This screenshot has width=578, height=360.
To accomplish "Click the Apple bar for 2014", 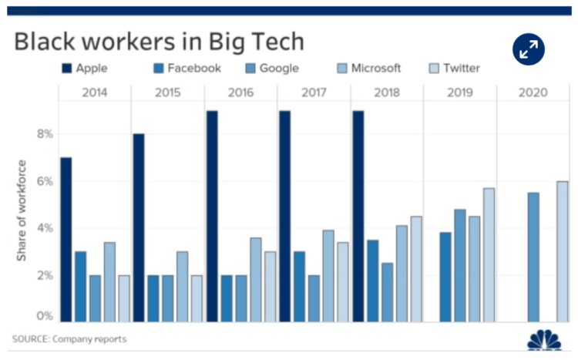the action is point(66,240).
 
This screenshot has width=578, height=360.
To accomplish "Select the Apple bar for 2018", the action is point(358,216).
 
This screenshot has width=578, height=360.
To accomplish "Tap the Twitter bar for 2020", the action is point(563,251).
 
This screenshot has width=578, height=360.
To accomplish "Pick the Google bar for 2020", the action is point(533,257).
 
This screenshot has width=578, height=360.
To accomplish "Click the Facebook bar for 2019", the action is point(445,278).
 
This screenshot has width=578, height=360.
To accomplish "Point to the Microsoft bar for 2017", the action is point(328,276).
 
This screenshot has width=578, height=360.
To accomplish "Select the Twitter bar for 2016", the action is point(271,287).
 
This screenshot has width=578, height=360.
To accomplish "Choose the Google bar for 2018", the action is point(388,292).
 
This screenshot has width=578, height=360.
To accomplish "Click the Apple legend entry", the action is point(85,69).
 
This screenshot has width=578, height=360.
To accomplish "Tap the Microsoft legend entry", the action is point(369,69).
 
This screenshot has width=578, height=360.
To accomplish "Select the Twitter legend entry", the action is point(455,69).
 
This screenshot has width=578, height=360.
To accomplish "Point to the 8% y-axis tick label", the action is point(45,134).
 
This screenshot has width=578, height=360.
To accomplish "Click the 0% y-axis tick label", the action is point(45,317).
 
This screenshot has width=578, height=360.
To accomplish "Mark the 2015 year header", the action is point(168,93).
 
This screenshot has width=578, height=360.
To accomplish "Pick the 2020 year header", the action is point(533,93).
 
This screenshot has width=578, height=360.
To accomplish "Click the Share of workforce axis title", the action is point(22,210).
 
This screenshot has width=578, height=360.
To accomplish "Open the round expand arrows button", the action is point(529,49).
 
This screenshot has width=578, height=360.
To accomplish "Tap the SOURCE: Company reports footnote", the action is point(69,339).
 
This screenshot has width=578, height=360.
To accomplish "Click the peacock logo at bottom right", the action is point(544,339).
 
